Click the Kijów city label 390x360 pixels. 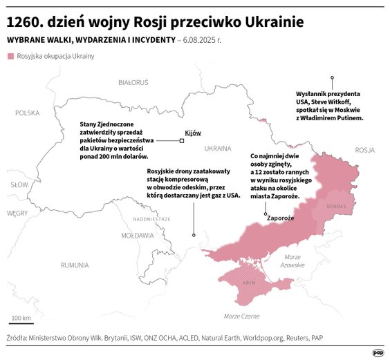pyautogui.click(x=192, y=133)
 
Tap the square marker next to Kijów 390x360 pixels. pyautogui.click(x=182, y=141)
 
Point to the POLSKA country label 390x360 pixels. pyautogui.click(x=28, y=113)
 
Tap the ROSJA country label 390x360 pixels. pyautogui.click(x=364, y=149)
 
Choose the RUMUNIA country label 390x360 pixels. pyautogui.click(x=74, y=265)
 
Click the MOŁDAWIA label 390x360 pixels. pyautogui.click(x=138, y=235)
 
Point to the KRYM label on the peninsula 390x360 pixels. pyautogui.click(x=249, y=283)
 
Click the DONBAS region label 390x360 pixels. pyautogui.click(x=336, y=206)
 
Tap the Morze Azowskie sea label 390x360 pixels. pyautogui.click(x=293, y=260)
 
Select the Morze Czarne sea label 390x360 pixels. pyautogui.click(x=241, y=316)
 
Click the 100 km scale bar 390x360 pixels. pyautogui.click(x=21, y=321)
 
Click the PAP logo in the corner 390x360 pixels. pyautogui.click(x=378, y=351)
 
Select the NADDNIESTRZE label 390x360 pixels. pyautogui.click(x=152, y=219)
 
